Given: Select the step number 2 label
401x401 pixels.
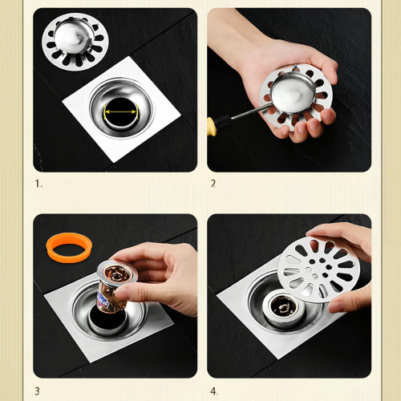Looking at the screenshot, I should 213,184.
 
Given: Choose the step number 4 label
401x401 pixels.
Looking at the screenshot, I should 214,391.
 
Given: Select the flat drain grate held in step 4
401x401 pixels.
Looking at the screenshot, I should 317,268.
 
